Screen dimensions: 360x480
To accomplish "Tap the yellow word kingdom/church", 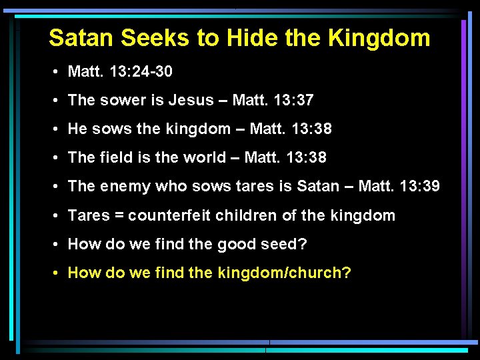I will click(x=284, y=273).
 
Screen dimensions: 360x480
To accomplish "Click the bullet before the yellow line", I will click(x=59, y=273).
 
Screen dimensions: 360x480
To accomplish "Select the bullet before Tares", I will click(x=59, y=215).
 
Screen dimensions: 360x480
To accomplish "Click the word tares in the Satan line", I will click(x=256, y=186).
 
